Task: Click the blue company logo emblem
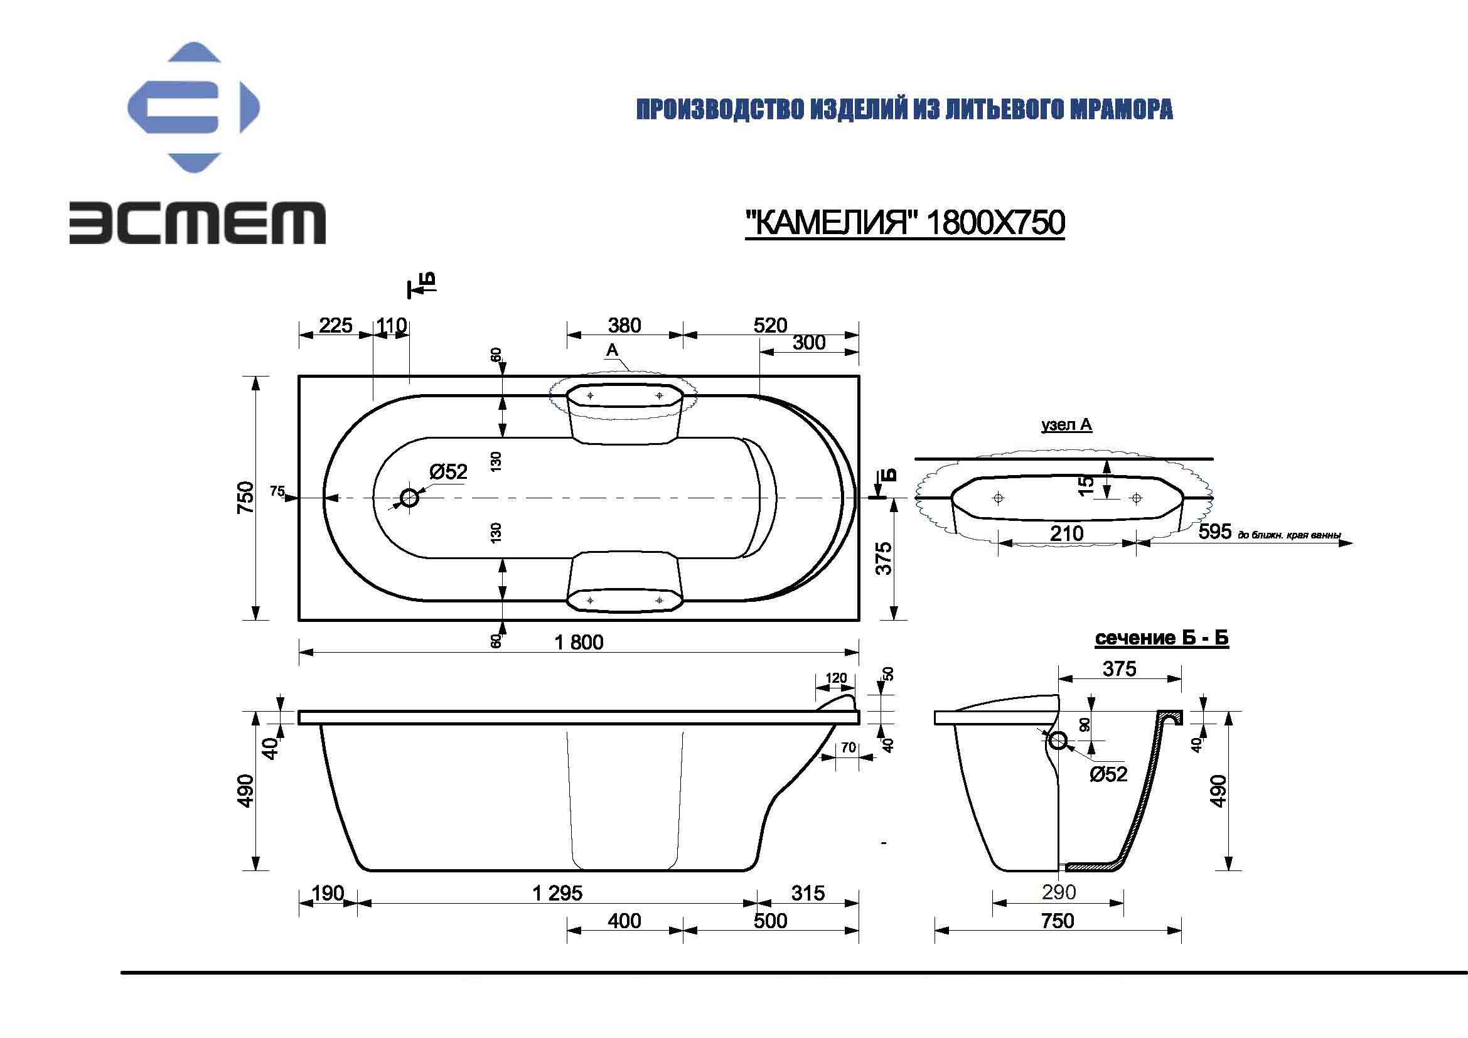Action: (x=194, y=107)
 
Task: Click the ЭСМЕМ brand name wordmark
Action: (x=198, y=222)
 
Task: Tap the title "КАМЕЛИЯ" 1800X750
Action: (x=905, y=223)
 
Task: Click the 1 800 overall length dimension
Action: (x=579, y=642)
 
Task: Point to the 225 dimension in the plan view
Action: (x=336, y=325)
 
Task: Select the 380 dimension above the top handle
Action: (x=624, y=325)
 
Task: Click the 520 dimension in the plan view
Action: (x=770, y=325)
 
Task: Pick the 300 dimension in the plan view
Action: (x=809, y=343)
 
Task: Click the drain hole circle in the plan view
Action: (x=409, y=498)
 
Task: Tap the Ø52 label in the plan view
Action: (x=448, y=472)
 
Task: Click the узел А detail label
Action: (x=1066, y=425)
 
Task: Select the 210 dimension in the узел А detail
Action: (x=1066, y=533)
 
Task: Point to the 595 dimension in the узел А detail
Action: (x=1215, y=531)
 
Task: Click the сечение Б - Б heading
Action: (x=1161, y=637)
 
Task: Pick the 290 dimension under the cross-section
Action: (x=1058, y=892)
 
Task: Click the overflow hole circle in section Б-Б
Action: (x=1058, y=741)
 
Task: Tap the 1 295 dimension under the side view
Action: (x=557, y=893)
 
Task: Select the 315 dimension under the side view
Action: (x=808, y=893)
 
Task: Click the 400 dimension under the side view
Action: (x=624, y=921)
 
